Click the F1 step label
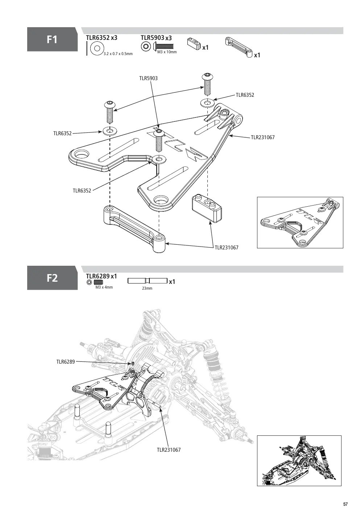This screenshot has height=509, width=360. point(52,40)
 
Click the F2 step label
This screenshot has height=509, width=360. point(52,278)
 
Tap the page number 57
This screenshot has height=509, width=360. point(345,504)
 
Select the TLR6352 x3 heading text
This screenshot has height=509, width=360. point(102,38)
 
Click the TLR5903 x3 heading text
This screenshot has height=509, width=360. point(156,38)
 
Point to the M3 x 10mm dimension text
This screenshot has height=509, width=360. point(167,52)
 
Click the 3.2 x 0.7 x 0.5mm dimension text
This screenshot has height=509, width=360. point(118,54)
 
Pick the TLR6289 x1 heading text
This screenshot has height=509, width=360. point(102,276)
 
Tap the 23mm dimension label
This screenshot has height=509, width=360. point(147,288)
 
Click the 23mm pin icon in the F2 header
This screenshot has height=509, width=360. point(148,281)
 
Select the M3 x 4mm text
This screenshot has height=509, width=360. point(104,287)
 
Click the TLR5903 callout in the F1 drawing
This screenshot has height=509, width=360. point(148,78)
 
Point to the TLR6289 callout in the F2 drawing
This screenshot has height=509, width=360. point(66,362)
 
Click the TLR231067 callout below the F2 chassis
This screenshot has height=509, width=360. point(169,450)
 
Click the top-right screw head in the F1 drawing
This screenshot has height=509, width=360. point(207,76)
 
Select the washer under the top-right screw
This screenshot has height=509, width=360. point(207,103)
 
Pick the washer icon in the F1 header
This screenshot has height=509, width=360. point(97,48)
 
